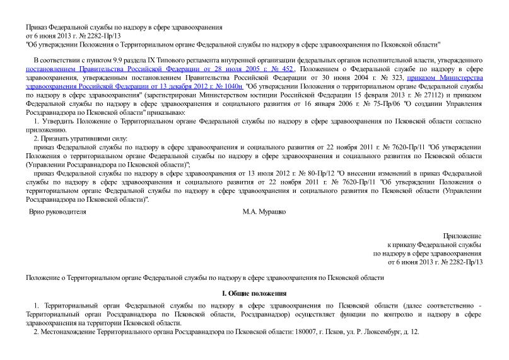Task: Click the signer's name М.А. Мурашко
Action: pyautogui.click(x=264, y=212)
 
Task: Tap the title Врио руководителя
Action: pyautogui.click(x=57, y=212)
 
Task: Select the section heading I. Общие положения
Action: pyautogui.click(x=255, y=293)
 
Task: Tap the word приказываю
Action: pyautogui.click(x=164, y=112)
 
